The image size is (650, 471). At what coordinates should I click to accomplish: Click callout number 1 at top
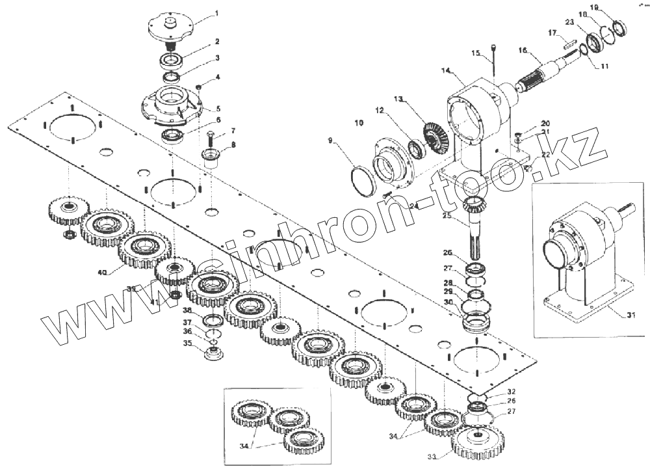(x=216, y=12)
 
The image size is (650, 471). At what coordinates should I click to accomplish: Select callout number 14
(x=445, y=70)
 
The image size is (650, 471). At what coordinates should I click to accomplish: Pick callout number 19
(x=593, y=7)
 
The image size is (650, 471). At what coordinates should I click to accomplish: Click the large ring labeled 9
(x=361, y=180)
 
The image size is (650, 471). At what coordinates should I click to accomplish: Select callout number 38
(x=187, y=310)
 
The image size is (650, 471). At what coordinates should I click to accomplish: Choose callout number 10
(x=359, y=122)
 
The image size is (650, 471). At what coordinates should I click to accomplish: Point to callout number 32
(x=512, y=392)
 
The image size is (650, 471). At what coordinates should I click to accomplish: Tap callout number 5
(x=218, y=109)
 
